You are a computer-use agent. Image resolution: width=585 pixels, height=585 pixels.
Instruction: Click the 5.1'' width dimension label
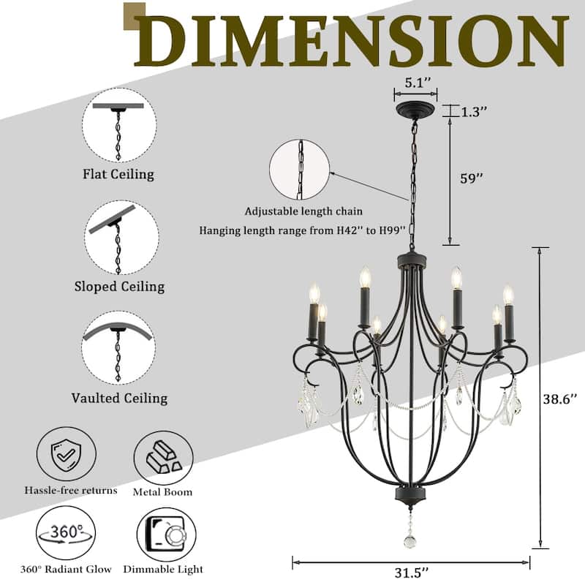pyautogui.click(x=415, y=83)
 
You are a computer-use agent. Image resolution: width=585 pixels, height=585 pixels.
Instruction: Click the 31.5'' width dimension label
pyautogui.click(x=412, y=572)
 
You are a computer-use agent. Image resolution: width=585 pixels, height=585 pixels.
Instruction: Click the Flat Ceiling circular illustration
pyautogui.click(x=118, y=126)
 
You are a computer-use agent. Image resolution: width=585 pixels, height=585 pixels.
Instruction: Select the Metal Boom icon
pyautogui.click(x=163, y=458)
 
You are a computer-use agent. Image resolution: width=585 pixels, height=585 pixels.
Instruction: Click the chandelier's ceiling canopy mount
pyautogui.click(x=415, y=110)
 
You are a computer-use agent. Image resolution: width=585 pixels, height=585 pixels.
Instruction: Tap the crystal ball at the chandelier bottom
pyautogui.click(x=409, y=542)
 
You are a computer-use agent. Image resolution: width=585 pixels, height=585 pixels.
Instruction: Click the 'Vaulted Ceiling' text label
pyautogui.click(x=119, y=399)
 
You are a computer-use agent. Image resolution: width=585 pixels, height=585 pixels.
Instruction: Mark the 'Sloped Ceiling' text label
pyautogui.click(x=119, y=287)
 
